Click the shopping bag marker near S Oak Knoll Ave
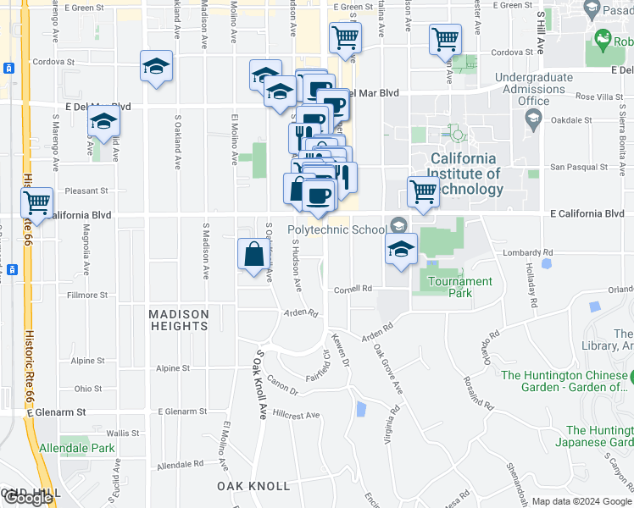(254, 254)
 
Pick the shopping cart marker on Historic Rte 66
(37, 203)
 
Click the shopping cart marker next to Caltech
(423, 191)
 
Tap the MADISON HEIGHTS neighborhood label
(179, 320)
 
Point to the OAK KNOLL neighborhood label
(253, 486)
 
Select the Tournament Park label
(460, 287)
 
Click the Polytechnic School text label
(336, 229)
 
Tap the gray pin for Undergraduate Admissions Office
(532, 121)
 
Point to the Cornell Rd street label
(354, 289)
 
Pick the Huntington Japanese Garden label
(598, 436)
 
